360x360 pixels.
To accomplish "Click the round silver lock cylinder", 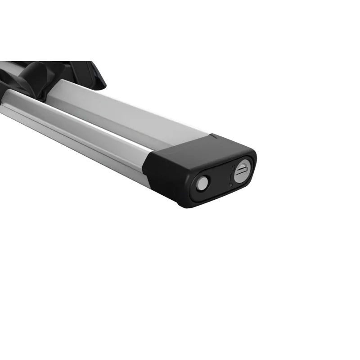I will coord(241,173).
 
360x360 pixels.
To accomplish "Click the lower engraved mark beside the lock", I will coord(229,179).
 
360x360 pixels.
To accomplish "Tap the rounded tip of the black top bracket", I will coord(100,83).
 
